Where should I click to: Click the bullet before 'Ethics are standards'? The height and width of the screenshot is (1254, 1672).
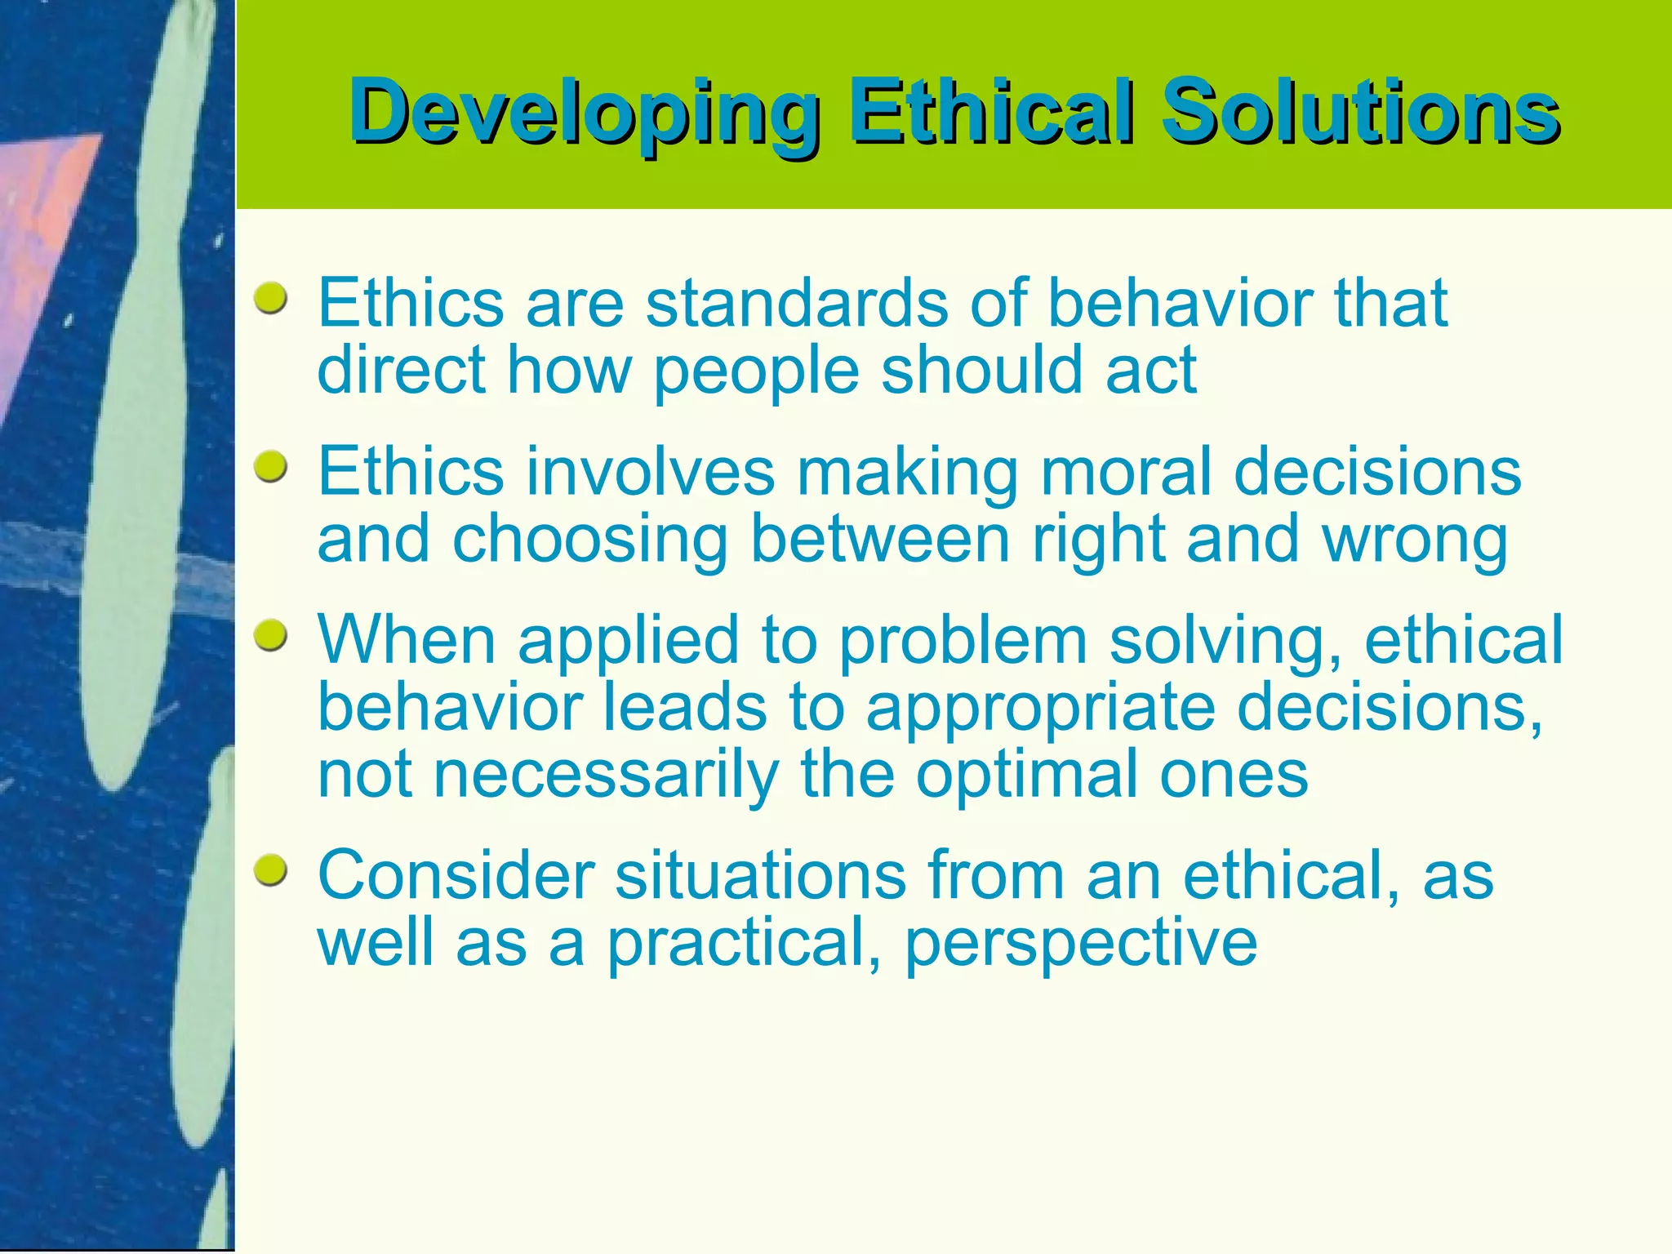click(270, 299)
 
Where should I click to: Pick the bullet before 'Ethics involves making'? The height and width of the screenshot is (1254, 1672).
click(270, 468)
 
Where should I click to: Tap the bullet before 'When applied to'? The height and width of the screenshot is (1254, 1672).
click(270, 636)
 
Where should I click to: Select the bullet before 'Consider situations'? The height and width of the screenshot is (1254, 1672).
click(270, 871)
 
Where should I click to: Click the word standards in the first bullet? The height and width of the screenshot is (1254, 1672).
click(797, 303)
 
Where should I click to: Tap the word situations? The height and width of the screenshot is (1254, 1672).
click(759, 875)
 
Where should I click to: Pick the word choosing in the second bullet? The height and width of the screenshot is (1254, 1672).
click(589, 540)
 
